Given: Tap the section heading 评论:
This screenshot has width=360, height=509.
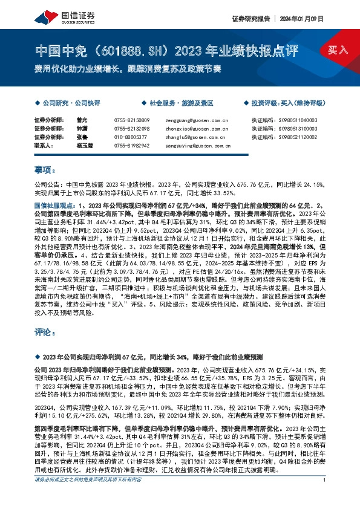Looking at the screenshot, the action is (x=43, y=333).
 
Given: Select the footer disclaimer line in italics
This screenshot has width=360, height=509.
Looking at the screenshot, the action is (x=91, y=496).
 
